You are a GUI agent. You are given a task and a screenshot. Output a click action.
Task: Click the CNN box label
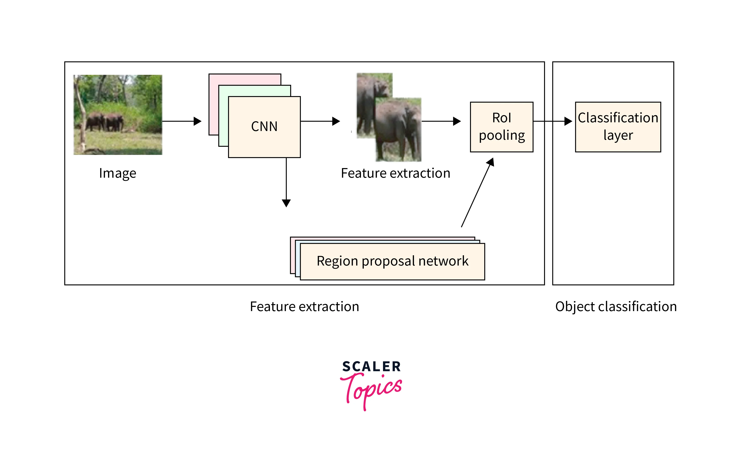coord(264,126)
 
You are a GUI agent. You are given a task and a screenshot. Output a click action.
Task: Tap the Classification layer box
coord(618,127)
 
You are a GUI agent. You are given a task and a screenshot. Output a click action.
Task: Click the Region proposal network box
coord(392,261)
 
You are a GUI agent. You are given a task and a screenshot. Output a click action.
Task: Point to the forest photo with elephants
coord(118,115)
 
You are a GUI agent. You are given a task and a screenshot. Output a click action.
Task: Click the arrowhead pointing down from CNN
coord(286,203)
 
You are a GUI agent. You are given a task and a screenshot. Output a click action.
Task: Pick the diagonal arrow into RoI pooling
coord(477,193)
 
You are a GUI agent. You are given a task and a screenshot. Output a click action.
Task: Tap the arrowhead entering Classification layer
coord(568,121)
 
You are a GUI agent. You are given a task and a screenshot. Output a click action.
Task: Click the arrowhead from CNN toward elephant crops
coord(336,121)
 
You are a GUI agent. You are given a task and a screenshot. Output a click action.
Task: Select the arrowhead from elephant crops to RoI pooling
coord(457,121)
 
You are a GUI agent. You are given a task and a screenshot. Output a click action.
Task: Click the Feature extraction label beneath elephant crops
coord(395,173)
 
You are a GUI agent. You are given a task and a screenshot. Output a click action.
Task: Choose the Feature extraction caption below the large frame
coord(304,307)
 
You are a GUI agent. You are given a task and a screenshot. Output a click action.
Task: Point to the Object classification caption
coord(616,307)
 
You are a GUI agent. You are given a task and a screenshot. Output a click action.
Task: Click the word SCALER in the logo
coord(371,367)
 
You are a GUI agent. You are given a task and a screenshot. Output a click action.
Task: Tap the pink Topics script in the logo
coord(371,390)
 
